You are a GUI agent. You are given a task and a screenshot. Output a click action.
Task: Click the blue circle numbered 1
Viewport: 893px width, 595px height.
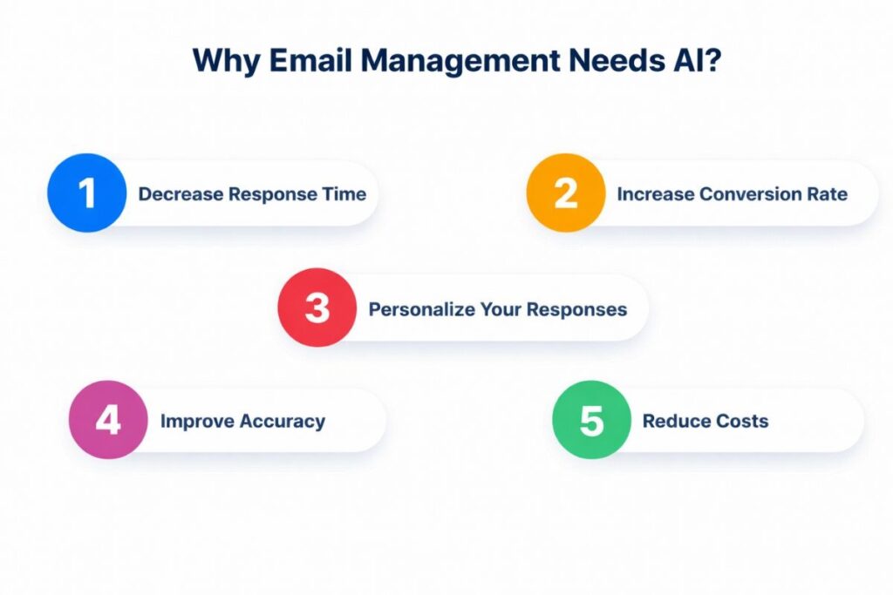tap(86, 193)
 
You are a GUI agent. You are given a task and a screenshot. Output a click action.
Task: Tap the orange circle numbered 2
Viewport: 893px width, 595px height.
tap(565, 193)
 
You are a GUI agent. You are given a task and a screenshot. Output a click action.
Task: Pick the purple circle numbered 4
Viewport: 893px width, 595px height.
tap(108, 420)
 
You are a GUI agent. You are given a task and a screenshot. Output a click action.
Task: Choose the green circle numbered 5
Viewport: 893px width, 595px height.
tap(591, 420)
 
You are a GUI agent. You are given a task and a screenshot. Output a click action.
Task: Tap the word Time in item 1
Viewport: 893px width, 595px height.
tap(344, 194)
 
